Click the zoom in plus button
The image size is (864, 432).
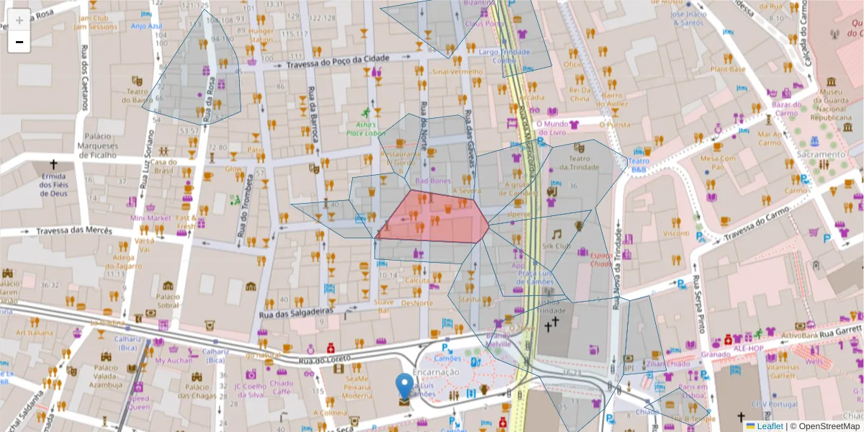[x=19, y=20]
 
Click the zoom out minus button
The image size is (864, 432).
[x=19, y=42]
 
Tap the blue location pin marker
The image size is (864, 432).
[x=405, y=387]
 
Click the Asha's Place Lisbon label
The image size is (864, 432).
[x=366, y=128]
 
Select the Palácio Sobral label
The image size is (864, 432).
[x=167, y=300]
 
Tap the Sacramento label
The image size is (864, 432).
[x=821, y=154]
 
